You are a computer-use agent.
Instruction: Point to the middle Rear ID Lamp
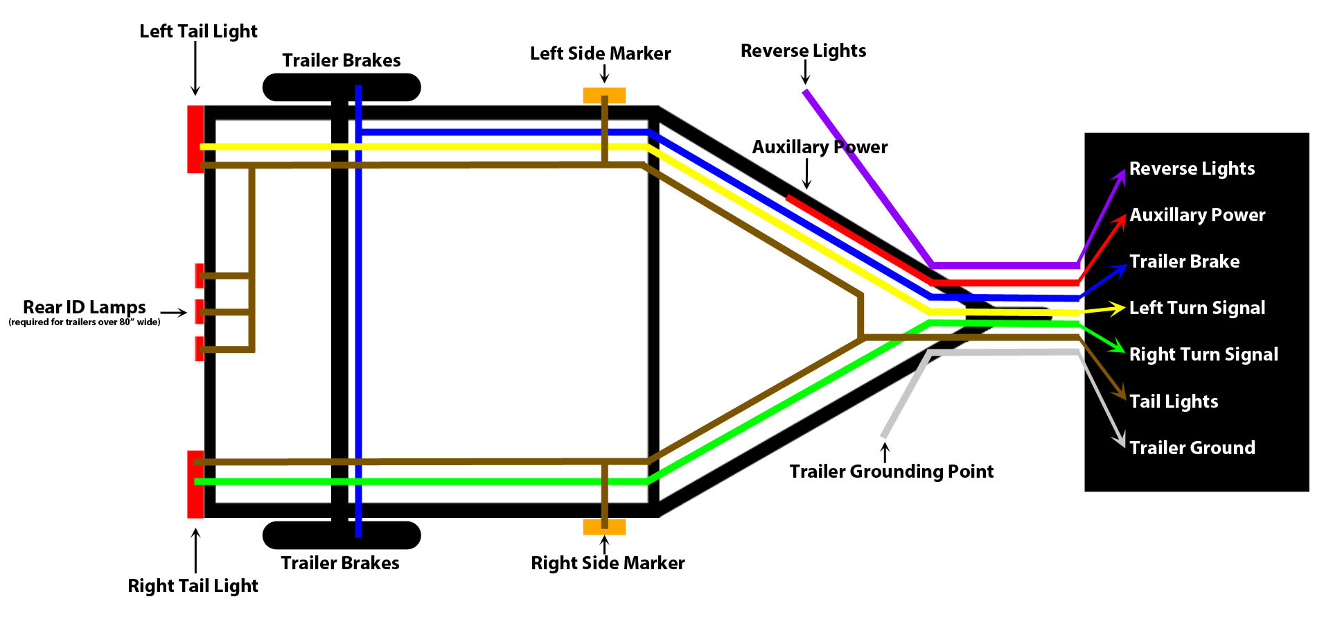(199, 312)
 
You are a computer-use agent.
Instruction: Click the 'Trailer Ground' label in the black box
(1192, 448)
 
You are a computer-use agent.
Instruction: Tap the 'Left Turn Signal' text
(1197, 308)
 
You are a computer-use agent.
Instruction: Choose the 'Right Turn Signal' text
(1203, 354)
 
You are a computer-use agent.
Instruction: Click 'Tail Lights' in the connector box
(1173, 401)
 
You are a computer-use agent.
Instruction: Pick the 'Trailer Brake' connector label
(1184, 261)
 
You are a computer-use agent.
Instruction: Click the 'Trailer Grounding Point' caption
(891, 471)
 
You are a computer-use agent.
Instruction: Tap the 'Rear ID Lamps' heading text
(84, 307)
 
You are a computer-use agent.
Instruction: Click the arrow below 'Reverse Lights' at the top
(805, 72)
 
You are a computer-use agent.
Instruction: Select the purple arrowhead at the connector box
(1119, 175)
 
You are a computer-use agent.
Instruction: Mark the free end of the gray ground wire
(884, 435)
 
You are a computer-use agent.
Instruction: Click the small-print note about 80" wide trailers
(84, 322)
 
